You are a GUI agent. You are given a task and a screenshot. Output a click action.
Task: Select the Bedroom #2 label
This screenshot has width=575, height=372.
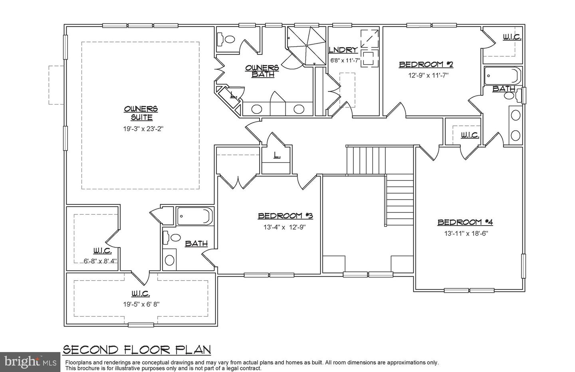[426, 64]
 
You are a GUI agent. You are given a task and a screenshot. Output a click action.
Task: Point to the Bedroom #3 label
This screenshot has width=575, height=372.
[285, 216]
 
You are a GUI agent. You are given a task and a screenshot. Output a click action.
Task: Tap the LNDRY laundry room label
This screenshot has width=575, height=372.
[343, 50]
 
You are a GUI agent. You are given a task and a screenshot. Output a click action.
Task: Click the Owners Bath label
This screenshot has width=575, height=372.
[262, 71]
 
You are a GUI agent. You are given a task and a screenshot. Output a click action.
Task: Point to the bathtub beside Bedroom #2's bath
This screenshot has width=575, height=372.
[503, 76]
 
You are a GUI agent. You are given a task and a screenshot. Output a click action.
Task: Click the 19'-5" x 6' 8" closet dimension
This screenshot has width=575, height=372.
[141, 304]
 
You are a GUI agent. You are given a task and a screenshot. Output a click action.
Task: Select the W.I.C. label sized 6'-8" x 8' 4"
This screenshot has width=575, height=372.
[102, 251]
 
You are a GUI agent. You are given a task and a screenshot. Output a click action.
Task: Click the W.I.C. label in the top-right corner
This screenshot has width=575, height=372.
[512, 37]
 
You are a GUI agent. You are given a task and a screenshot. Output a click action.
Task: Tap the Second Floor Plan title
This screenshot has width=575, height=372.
[137, 350]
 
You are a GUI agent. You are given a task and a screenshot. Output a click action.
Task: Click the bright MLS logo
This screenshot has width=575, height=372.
[29, 362]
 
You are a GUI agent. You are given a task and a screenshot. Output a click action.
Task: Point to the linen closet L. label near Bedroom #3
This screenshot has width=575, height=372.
[276, 155]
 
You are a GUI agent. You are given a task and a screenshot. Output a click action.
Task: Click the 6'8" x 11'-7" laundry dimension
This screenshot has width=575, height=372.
[345, 61]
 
